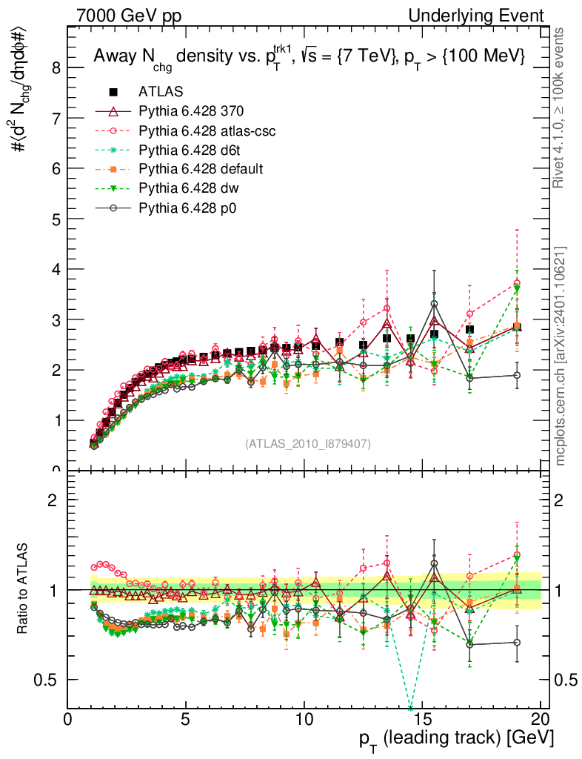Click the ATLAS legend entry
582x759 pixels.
tap(160, 92)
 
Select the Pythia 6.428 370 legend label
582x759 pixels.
tap(191, 111)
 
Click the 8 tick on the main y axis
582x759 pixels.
tap(54, 68)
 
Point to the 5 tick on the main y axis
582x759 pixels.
tap(54, 219)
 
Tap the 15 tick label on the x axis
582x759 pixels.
tap(422, 720)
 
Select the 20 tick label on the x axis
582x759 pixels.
tap(541, 720)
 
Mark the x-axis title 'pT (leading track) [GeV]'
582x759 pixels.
tap(455, 739)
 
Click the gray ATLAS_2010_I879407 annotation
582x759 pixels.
tap(308, 443)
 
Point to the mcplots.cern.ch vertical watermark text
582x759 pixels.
tap(561, 356)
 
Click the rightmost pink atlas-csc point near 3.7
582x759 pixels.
tap(517, 283)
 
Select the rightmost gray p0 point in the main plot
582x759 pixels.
tap(517, 375)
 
